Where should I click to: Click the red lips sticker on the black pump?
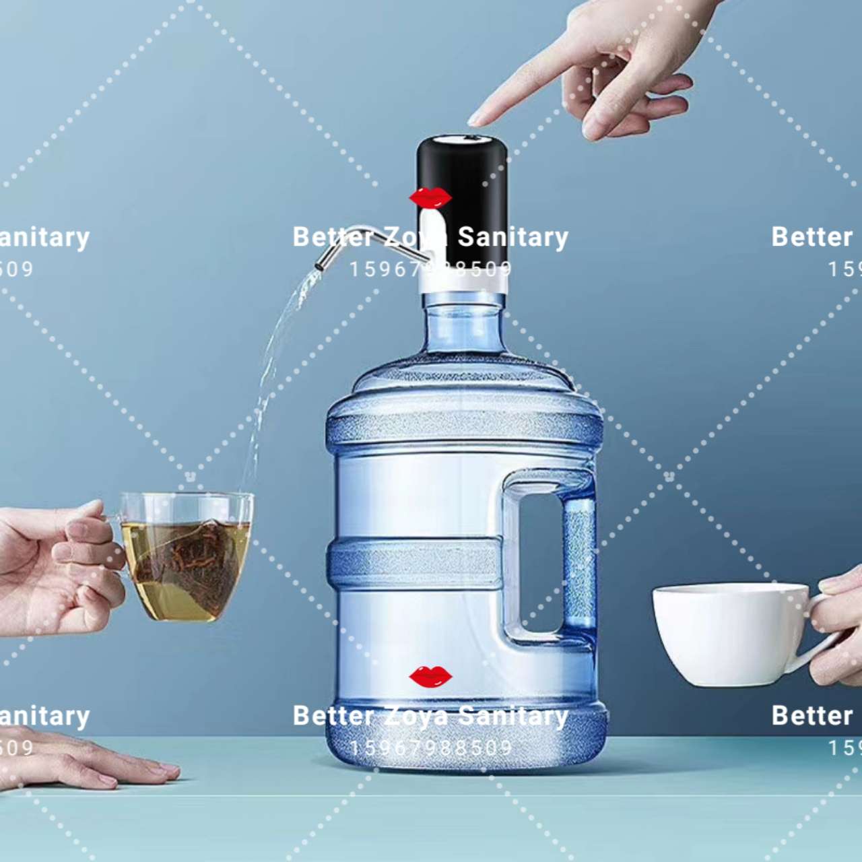(x=430, y=198)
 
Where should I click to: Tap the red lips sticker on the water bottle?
(x=430, y=676)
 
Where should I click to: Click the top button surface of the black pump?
(x=462, y=139)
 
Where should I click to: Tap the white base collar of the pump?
(x=463, y=286)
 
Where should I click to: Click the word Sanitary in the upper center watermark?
(x=513, y=237)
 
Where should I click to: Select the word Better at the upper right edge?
(x=812, y=237)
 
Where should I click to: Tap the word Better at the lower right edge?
(x=812, y=715)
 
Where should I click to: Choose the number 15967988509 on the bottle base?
(x=431, y=748)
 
